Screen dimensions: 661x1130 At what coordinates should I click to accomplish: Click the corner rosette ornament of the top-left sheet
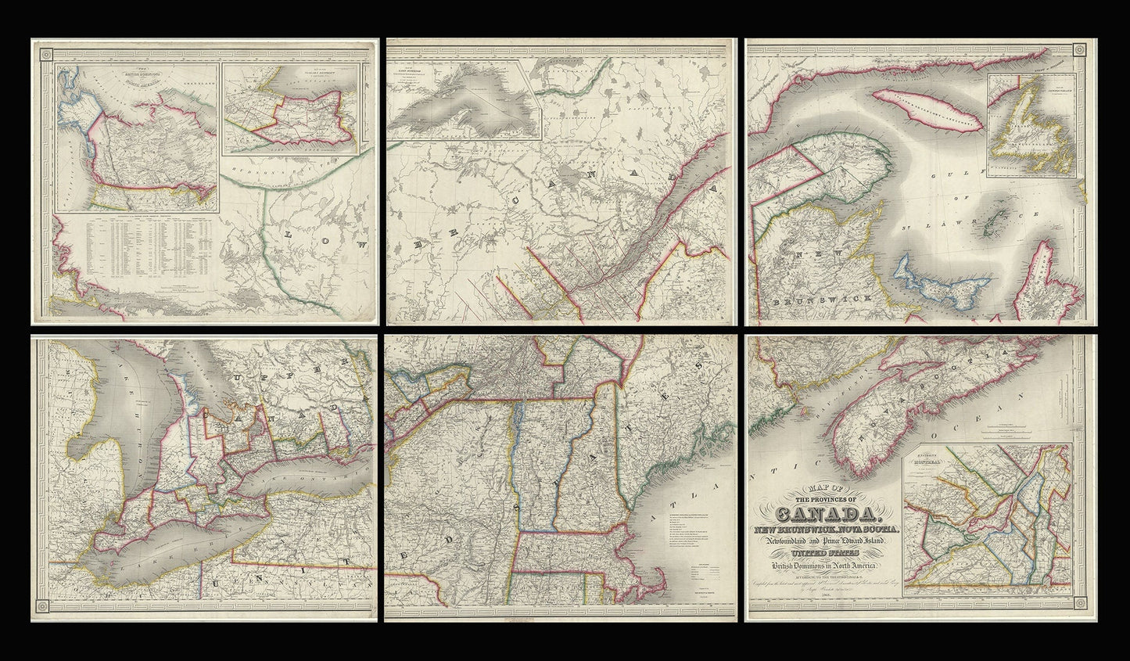tap(45, 53)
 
